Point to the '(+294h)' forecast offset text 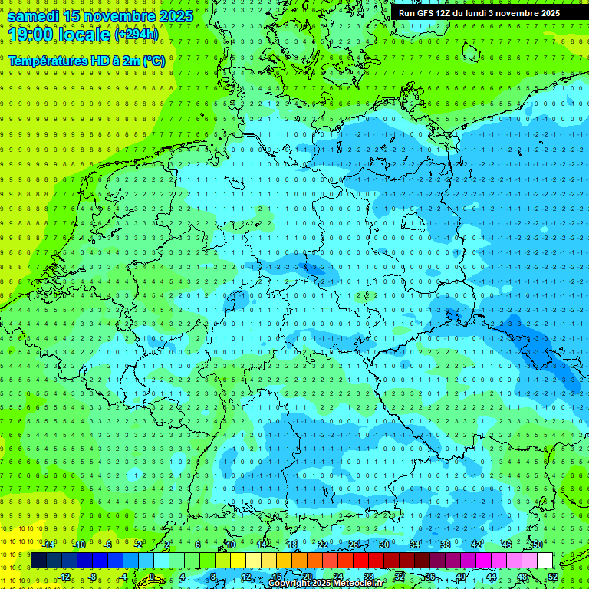click(137, 35)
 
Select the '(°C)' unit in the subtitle click(153, 61)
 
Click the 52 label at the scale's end click(553, 577)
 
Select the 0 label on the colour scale click(152, 577)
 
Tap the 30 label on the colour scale click(383, 545)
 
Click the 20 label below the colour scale click(307, 577)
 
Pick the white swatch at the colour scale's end click(545, 561)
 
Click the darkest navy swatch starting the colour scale click(38, 561)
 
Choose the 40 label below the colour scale click(460, 577)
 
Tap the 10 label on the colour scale click(230, 545)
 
